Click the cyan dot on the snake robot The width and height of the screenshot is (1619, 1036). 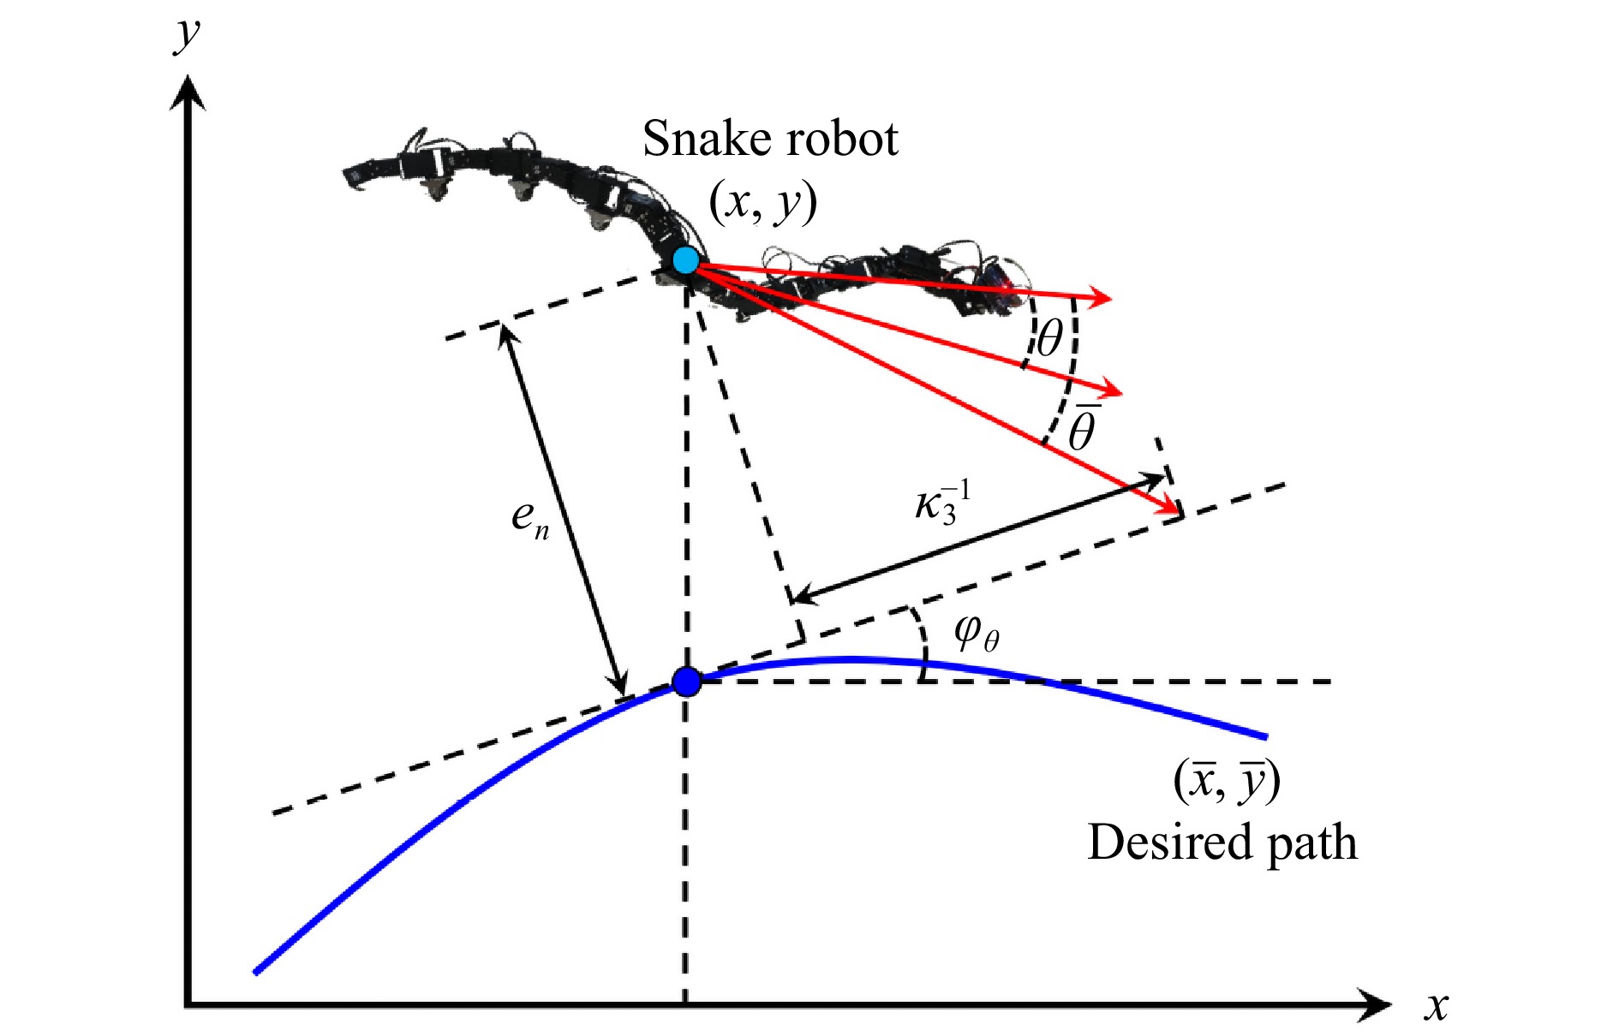(685, 259)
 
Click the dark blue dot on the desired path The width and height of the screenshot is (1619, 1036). (686, 682)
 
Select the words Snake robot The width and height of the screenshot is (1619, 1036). (770, 139)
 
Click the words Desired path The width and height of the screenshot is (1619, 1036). (1222, 842)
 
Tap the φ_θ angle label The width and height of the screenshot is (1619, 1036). (977, 634)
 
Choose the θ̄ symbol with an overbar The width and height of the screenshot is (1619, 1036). (1082, 427)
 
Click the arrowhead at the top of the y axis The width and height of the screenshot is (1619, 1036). (188, 90)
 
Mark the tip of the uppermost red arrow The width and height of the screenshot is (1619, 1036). (1110, 299)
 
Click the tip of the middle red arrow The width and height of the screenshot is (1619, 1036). (1120, 393)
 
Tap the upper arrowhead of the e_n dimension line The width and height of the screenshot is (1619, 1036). (504, 330)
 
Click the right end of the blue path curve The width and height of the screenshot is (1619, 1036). (1264, 735)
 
